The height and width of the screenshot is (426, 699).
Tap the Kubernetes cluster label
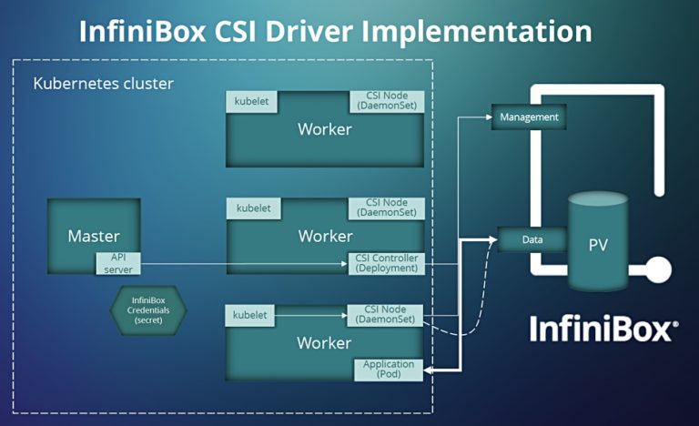click(x=103, y=84)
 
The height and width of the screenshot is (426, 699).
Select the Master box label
click(x=94, y=236)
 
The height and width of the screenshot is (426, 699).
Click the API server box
click(x=118, y=263)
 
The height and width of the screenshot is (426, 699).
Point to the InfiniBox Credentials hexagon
click(x=149, y=309)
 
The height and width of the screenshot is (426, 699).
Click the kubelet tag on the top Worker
click(x=252, y=101)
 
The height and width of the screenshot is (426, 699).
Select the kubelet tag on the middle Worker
click(x=252, y=208)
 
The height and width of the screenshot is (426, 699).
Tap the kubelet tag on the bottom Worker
click(x=250, y=315)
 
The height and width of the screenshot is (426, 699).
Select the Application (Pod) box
click(x=388, y=369)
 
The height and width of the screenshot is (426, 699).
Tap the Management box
click(x=527, y=117)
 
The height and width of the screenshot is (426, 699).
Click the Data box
click(x=532, y=239)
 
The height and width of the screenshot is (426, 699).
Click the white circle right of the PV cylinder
click(x=657, y=270)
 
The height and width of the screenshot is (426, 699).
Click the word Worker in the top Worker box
click(x=324, y=129)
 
